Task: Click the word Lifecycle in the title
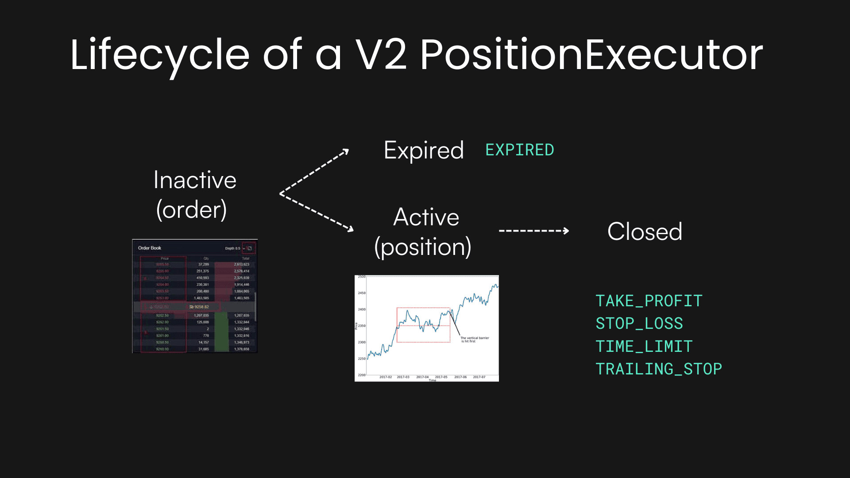tap(159, 55)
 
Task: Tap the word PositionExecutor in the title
tap(591, 55)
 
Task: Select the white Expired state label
tap(424, 150)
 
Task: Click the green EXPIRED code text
tap(519, 150)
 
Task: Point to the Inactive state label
tap(195, 180)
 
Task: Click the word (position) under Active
tap(423, 247)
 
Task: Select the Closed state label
tap(645, 231)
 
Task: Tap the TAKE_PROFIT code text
tap(649, 301)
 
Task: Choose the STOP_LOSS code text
tap(639, 324)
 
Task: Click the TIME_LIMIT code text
tap(644, 347)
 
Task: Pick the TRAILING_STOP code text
tap(658, 369)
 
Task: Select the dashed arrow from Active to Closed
tap(533, 231)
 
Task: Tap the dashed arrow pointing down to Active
tap(317, 212)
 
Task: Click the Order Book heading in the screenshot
tap(150, 248)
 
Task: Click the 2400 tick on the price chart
tap(362, 309)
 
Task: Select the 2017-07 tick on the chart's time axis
tap(479, 377)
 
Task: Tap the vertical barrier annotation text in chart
tap(474, 339)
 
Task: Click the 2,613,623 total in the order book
tap(242, 264)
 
